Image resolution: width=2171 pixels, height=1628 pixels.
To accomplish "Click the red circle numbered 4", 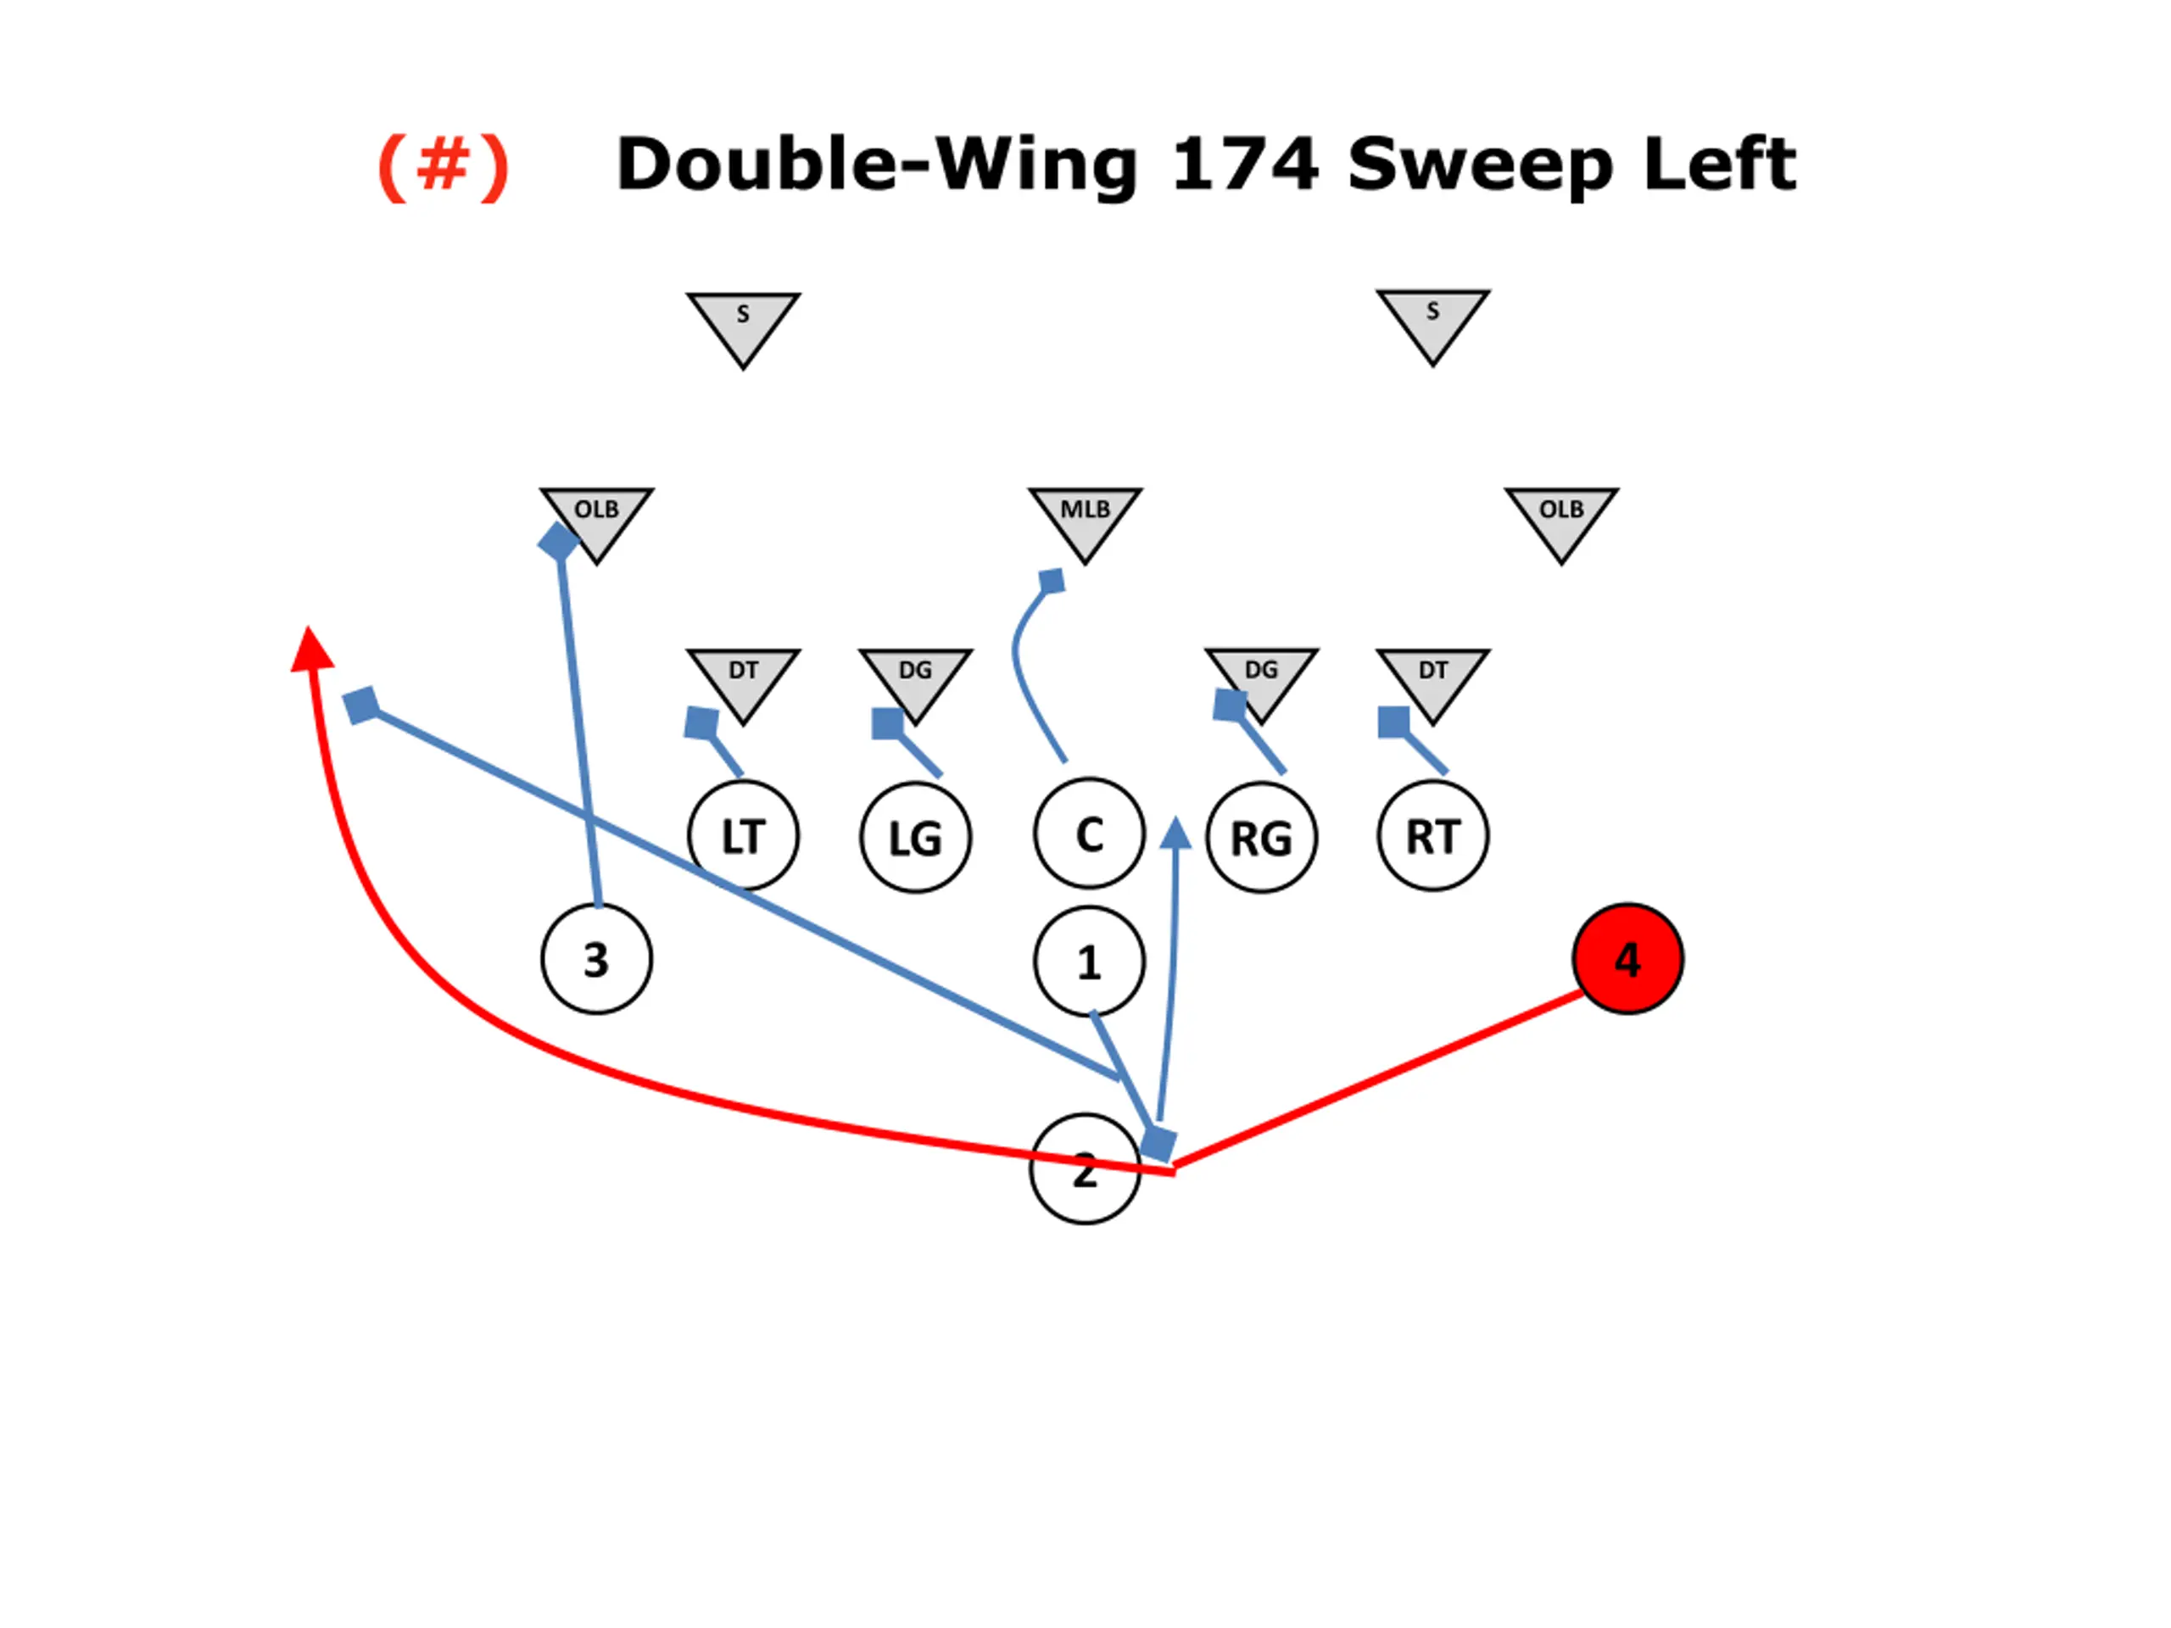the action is pyautogui.click(x=1627, y=959).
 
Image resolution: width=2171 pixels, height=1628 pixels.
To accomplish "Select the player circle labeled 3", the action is pyautogui.click(x=595, y=959).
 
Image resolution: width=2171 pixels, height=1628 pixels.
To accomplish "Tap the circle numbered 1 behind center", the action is pyautogui.click(x=1088, y=961).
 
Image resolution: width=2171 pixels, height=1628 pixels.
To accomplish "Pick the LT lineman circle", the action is pyautogui.click(x=743, y=836).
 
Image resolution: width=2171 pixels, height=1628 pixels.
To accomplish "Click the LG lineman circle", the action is pyautogui.click(x=915, y=837).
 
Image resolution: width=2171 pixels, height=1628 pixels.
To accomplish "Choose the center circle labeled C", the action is pyautogui.click(x=1088, y=834).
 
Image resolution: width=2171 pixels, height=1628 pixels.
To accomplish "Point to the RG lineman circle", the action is pyautogui.click(x=1261, y=837).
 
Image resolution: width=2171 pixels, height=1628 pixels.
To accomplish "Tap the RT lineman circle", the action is pyautogui.click(x=1433, y=836).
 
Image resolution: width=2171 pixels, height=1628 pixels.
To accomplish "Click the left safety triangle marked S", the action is pyautogui.click(x=743, y=323).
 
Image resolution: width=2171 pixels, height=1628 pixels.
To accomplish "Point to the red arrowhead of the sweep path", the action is pyautogui.click(x=311, y=650).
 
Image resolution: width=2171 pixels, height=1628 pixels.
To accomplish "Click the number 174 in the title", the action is pyautogui.click(x=1244, y=164).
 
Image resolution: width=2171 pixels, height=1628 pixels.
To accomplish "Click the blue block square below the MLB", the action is pyautogui.click(x=1051, y=581).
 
